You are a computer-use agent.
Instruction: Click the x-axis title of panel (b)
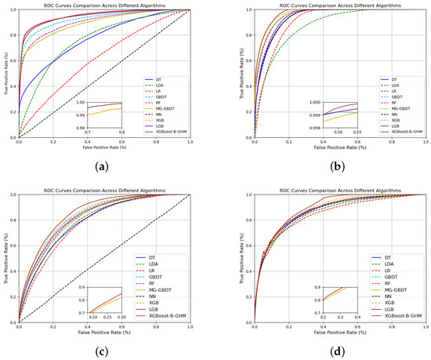coord(339,146)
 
